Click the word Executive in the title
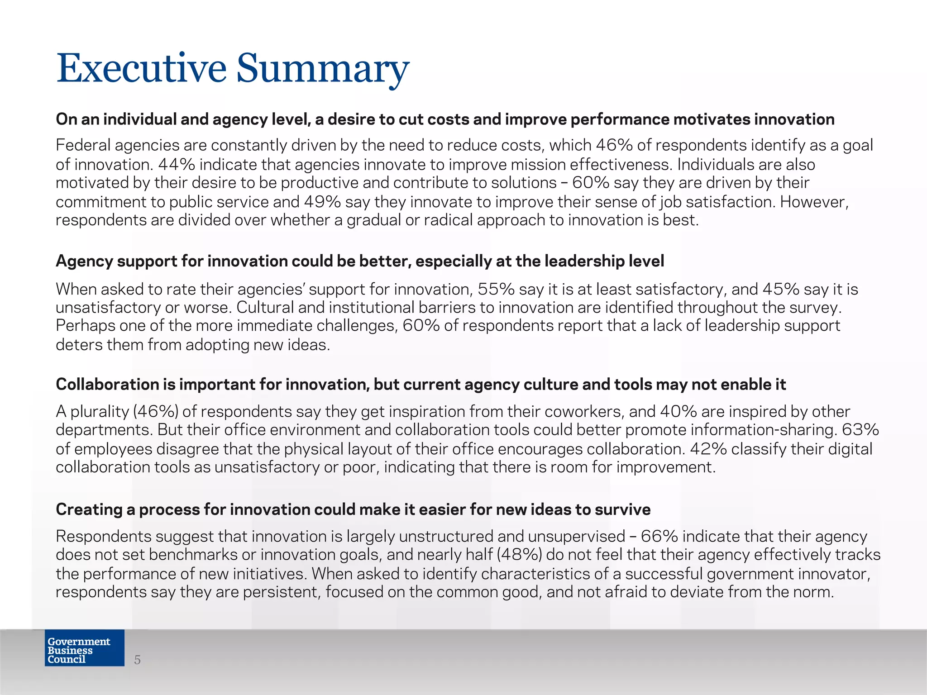pyautogui.click(x=141, y=69)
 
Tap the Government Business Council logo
pyautogui.click(x=84, y=647)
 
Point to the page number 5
pyautogui.click(x=138, y=660)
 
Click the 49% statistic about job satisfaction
pyautogui.click(x=322, y=201)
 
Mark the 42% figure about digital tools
pyautogui.click(x=708, y=448)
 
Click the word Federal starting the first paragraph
pyautogui.click(x=83, y=145)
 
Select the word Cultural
pyautogui.click(x=265, y=307)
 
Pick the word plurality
pyautogui.click(x=100, y=411)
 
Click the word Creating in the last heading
pyautogui.click(x=89, y=509)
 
